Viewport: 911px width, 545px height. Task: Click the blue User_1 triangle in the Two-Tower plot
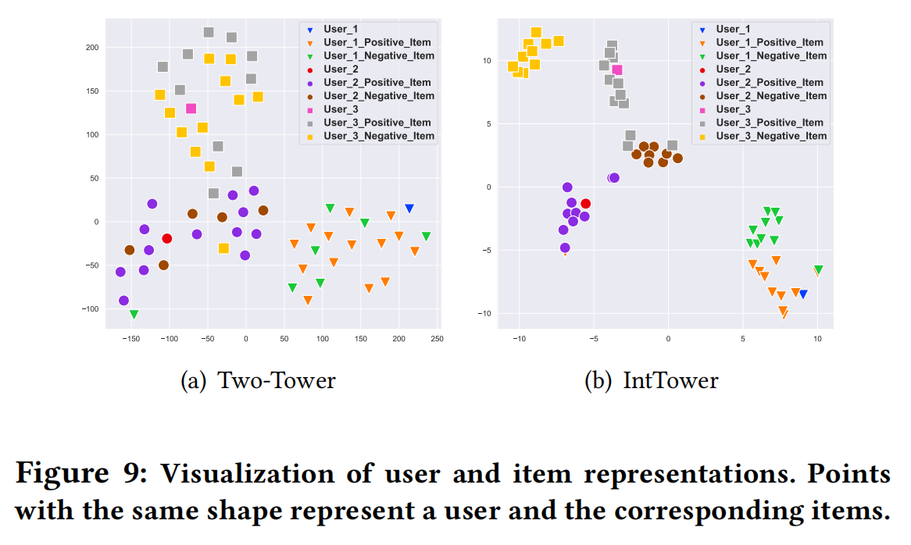(x=409, y=208)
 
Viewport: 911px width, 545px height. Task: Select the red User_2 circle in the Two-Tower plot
(x=166, y=239)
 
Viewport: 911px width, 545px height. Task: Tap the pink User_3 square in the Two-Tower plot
(x=191, y=109)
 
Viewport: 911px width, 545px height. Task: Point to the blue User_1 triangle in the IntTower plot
(x=802, y=294)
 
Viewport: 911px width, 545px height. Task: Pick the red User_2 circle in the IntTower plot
(x=585, y=204)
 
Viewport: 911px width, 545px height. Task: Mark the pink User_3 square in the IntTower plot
(x=617, y=70)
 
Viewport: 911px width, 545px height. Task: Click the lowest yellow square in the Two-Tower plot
(x=223, y=248)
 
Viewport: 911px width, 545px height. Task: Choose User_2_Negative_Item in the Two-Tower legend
(x=379, y=96)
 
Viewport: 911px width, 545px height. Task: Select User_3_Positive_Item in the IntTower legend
(x=770, y=123)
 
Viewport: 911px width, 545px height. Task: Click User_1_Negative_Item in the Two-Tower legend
(x=379, y=56)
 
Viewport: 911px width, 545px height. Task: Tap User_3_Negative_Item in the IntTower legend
(x=771, y=136)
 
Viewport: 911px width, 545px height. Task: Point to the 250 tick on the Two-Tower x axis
(x=437, y=338)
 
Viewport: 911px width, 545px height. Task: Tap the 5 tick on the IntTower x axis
(x=743, y=338)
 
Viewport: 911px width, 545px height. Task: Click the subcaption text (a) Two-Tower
(x=258, y=380)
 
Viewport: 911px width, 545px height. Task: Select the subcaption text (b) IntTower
(x=651, y=380)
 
